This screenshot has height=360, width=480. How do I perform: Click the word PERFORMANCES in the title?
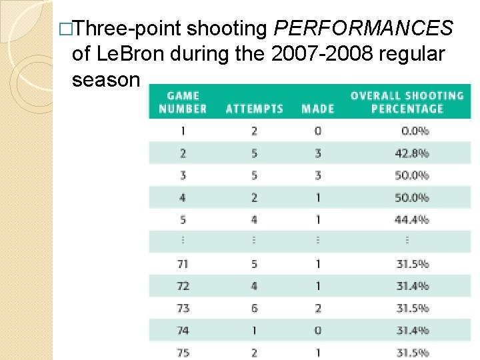click(364, 29)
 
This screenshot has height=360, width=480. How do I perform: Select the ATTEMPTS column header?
click(254, 109)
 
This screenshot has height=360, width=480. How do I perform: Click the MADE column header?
click(317, 109)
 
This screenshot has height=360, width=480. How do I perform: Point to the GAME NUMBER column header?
click(183, 102)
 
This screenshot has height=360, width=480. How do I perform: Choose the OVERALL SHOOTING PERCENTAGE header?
click(407, 102)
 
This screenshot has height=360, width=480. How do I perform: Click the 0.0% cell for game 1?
click(412, 131)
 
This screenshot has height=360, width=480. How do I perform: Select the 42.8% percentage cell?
click(412, 153)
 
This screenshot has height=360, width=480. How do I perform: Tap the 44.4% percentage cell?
click(412, 219)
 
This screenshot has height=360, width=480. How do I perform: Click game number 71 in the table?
click(183, 264)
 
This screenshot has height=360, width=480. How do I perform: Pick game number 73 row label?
click(183, 308)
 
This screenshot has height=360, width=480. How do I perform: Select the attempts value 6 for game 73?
click(254, 308)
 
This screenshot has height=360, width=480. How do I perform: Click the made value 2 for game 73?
click(317, 308)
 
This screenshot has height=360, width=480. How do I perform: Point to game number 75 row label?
click(183, 352)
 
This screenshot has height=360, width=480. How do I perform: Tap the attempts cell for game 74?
click(254, 330)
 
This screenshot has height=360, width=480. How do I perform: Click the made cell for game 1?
click(317, 131)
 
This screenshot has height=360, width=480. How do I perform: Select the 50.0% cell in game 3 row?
click(412, 175)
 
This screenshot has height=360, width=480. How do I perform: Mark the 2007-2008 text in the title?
click(307, 54)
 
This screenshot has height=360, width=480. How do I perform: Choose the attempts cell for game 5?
click(254, 219)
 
